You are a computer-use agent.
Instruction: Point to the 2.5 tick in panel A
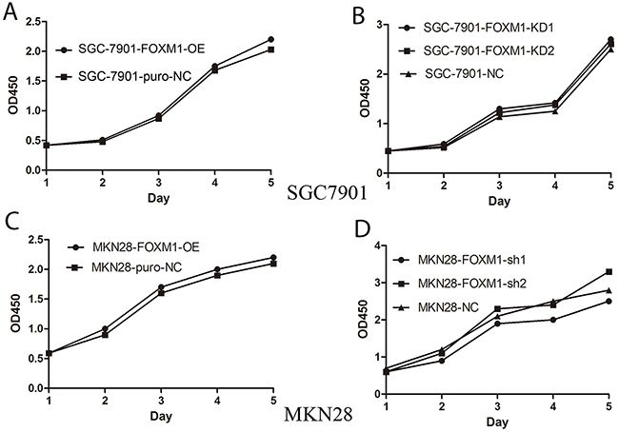pyautogui.click(x=34, y=21)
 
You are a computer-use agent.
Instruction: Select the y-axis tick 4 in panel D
pyautogui.click(x=379, y=245)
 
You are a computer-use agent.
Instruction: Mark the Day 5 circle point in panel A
pyautogui.click(x=271, y=39)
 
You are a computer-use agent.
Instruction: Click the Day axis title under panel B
pyautogui.click(x=492, y=203)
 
